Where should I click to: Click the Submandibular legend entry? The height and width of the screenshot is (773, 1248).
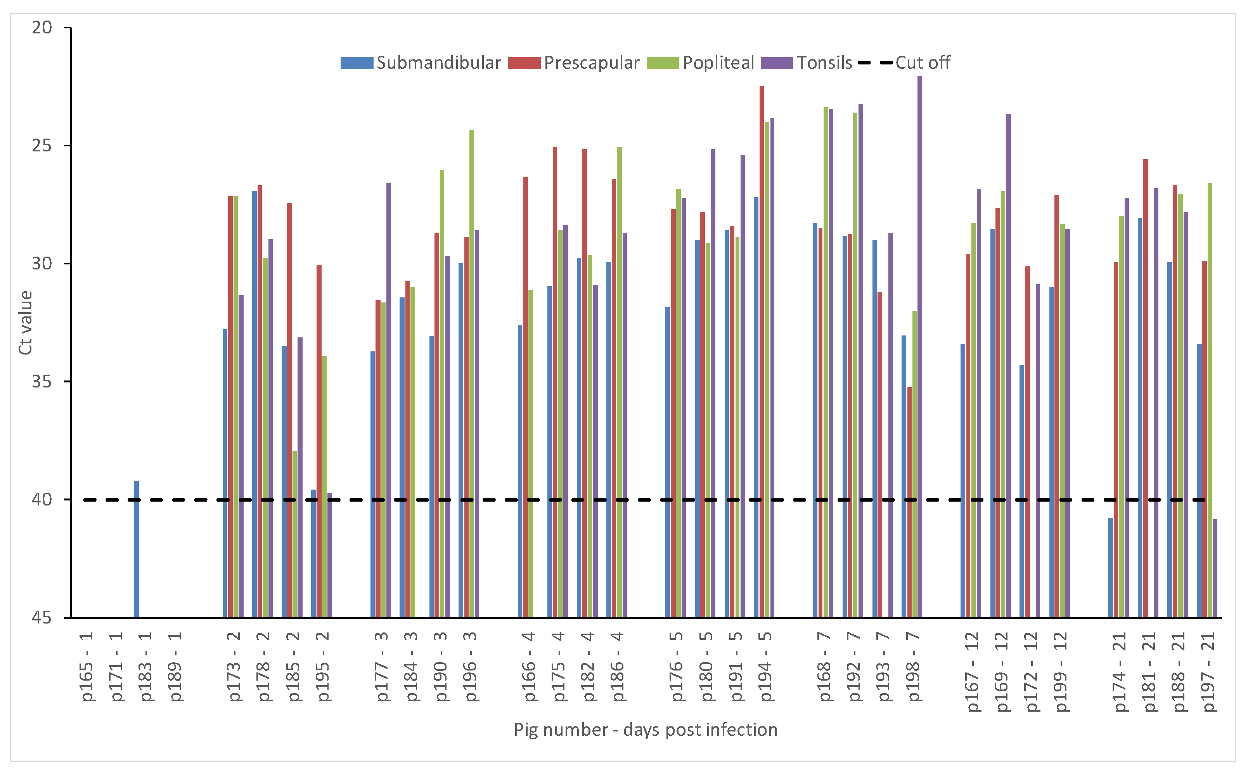[421, 63]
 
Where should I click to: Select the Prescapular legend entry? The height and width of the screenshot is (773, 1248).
[574, 63]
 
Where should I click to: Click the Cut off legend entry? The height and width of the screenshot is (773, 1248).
[905, 63]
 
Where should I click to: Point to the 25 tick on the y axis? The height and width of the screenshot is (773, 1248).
[42, 146]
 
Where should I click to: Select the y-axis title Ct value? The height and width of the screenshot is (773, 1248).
[25, 323]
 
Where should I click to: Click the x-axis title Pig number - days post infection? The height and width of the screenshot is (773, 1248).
[645, 730]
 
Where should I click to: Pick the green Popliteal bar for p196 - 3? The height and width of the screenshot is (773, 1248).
[471, 373]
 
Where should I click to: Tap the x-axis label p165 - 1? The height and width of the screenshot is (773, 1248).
[87, 667]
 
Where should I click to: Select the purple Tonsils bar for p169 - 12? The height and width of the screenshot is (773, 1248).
[1008, 366]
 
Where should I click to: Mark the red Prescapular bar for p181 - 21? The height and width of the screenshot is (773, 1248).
[1145, 389]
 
